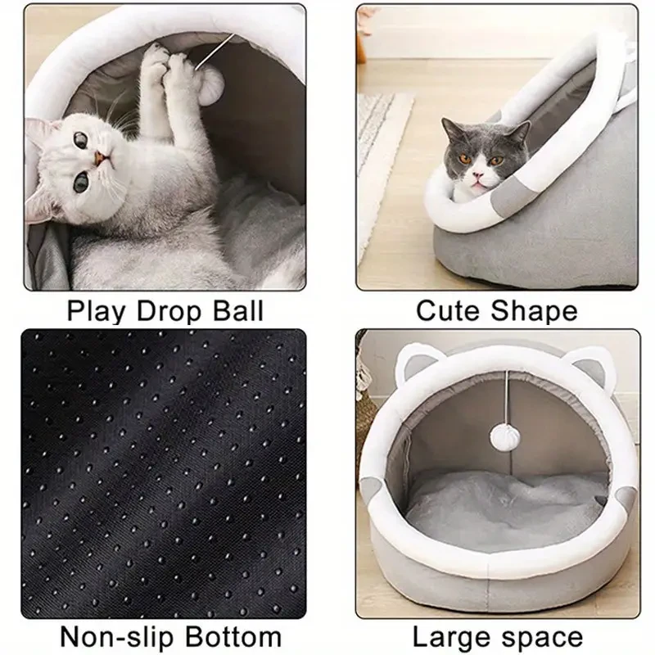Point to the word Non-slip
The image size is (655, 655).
pos(111,636)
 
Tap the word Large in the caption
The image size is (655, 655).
pos(451,636)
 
